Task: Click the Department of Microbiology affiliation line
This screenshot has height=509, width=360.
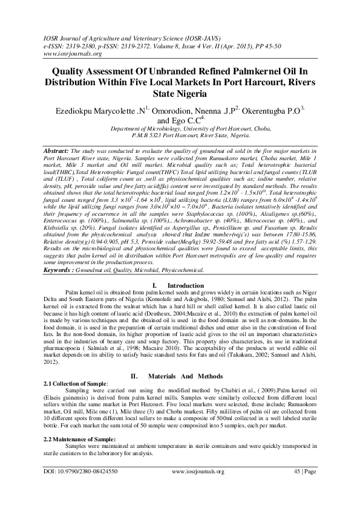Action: click(x=180, y=129)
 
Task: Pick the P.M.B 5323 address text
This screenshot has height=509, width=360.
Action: click(x=180, y=136)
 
